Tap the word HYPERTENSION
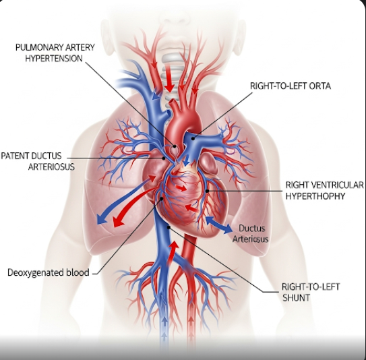[54, 58]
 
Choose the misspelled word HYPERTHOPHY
[315, 196]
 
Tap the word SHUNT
[296, 298]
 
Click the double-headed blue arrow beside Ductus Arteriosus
[218, 224]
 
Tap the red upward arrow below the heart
[173, 253]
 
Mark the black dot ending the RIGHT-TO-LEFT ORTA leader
[193, 138]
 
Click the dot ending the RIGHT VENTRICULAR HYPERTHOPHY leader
[207, 191]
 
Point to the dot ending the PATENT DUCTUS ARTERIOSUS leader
[164, 158]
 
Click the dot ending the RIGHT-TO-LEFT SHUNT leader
[169, 227]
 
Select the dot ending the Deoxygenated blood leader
[162, 199]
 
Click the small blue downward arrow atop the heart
[186, 160]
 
